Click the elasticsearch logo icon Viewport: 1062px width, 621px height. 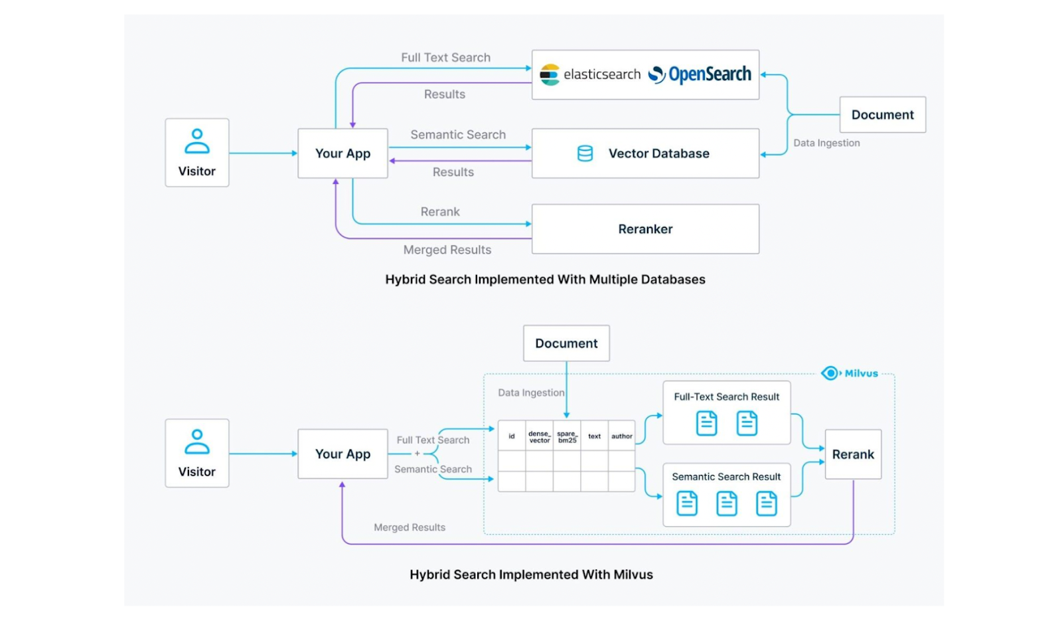pos(550,74)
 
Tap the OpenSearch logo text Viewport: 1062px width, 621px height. pos(709,74)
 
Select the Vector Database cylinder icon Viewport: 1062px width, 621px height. pos(585,153)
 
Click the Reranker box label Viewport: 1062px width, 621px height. pos(645,229)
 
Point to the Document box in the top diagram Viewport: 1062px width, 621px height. pos(882,115)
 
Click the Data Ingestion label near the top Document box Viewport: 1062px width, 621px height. pos(826,143)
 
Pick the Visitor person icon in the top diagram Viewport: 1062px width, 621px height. pos(197,141)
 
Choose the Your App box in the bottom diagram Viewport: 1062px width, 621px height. pos(342,454)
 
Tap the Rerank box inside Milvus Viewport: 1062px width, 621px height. pos(853,454)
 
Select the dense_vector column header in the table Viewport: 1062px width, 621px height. pos(539,436)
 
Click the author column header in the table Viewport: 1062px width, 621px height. pos(621,436)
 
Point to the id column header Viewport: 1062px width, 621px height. pos(511,436)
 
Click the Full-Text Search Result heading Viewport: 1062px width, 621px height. pos(726,397)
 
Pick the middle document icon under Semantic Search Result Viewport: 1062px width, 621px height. pos(726,503)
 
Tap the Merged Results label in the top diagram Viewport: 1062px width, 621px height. pos(447,250)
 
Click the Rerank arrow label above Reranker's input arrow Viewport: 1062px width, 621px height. pos(440,212)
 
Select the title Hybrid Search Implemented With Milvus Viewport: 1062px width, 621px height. pos(531,575)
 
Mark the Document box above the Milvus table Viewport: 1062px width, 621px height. pos(566,343)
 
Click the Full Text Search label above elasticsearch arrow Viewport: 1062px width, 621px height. pos(445,58)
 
